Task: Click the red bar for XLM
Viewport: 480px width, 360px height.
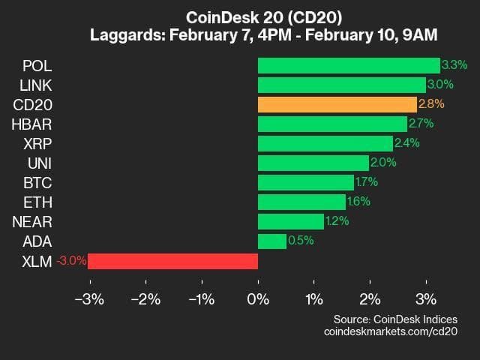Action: [x=172, y=261]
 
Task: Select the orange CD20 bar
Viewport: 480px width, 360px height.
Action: [x=337, y=104]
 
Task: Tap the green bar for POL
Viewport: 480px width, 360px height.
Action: [x=349, y=65]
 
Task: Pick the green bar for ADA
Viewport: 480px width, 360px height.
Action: [x=271, y=241]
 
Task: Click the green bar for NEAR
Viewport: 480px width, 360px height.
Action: [x=291, y=221]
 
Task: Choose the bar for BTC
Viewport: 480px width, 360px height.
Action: [x=305, y=182]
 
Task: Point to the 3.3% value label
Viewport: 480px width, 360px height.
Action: [x=452, y=65]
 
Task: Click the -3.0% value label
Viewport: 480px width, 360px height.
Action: [x=72, y=261]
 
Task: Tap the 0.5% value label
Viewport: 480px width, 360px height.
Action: [x=300, y=241]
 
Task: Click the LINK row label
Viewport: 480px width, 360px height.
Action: [x=35, y=85]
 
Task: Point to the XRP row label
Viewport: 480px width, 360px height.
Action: [x=37, y=143]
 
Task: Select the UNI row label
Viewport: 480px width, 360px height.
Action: [x=39, y=163]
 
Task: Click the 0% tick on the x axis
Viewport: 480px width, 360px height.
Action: [x=258, y=300]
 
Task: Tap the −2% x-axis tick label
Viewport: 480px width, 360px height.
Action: [x=145, y=300]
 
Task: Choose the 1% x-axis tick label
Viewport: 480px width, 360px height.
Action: [x=314, y=300]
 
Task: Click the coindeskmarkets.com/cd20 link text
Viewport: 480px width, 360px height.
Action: [x=391, y=331]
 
